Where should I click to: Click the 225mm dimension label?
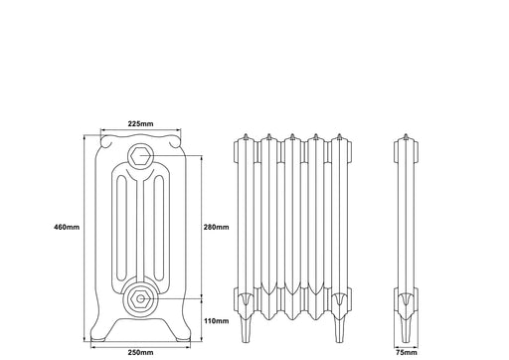click(140, 124)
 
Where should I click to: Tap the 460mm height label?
click(67, 227)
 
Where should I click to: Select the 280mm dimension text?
click(216, 227)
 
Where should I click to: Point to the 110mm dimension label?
click(216, 321)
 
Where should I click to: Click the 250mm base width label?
click(140, 352)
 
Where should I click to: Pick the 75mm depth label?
click(407, 352)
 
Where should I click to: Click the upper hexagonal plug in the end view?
click(140, 155)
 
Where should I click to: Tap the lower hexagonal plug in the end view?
click(140, 299)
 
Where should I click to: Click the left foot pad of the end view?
click(98, 339)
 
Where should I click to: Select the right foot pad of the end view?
click(183, 339)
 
